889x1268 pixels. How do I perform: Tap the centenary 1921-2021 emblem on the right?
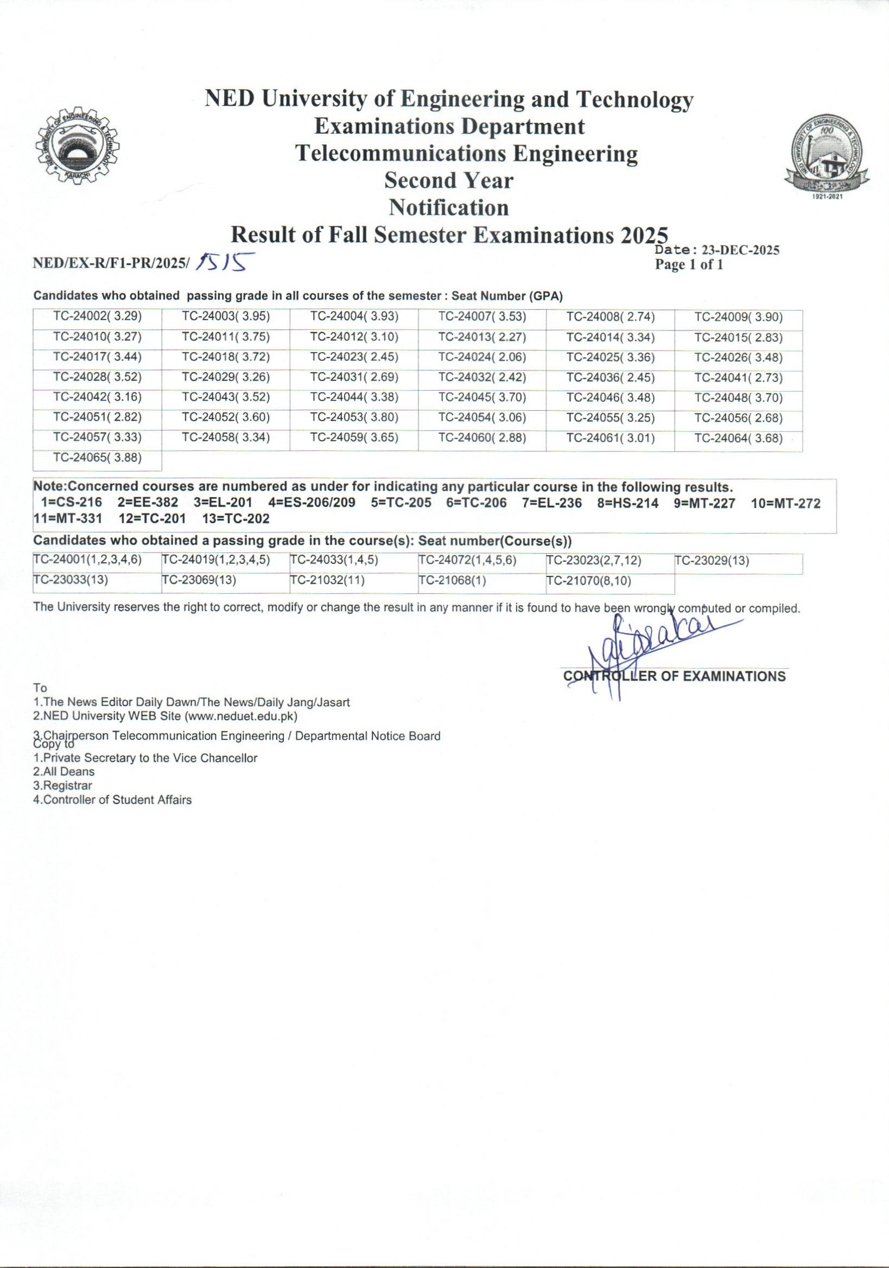(827, 158)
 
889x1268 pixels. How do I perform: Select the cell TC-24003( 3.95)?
(226, 317)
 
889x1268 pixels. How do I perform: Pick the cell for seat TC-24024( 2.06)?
(482, 358)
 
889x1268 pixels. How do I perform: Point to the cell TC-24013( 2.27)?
(482, 337)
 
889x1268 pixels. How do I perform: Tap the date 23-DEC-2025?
(740, 250)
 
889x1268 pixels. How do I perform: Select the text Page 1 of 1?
(689, 265)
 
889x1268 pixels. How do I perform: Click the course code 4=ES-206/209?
(312, 504)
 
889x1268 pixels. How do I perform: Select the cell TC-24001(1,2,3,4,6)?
(88, 561)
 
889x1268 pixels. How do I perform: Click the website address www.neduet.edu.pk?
(240, 717)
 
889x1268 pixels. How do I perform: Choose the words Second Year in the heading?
(449, 180)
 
